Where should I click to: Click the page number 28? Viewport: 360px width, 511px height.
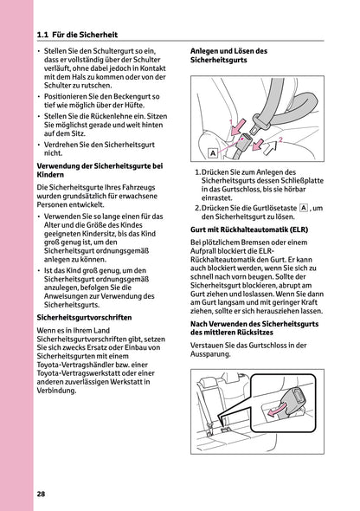[42, 494]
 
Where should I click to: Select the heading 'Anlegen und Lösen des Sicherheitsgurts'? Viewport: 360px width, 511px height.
[234, 57]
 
